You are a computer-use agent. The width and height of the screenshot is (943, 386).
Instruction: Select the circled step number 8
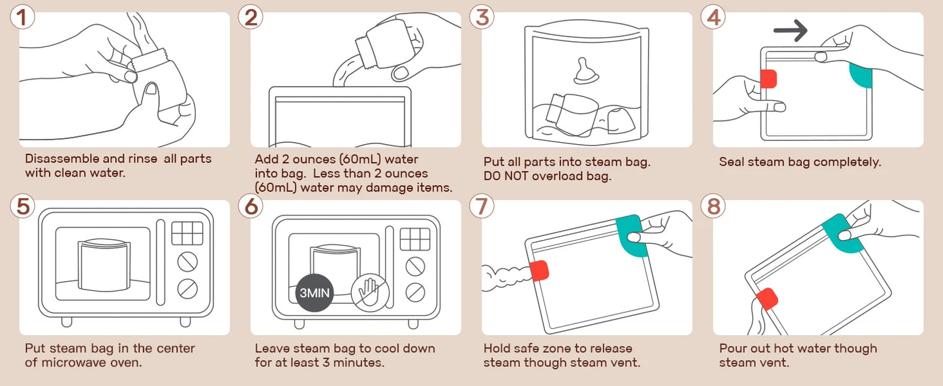click(x=713, y=206)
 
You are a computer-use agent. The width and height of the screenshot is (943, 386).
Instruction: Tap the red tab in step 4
click(x=769, y=79)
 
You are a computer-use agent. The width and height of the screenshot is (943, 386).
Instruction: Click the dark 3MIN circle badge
click(x=315, y=293)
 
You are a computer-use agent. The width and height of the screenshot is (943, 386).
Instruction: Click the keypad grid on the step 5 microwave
click(x=187, y=233)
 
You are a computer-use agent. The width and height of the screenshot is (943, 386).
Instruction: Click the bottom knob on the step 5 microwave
click(x=187, y=288)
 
